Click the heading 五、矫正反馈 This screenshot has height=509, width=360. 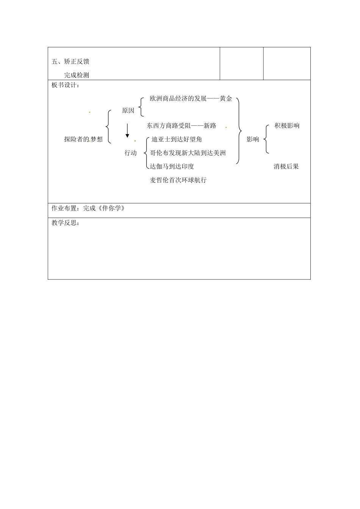click(x=70, y=61)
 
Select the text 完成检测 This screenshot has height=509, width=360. click(x=77, y=75)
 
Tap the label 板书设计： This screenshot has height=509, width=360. click(x=66, y=85)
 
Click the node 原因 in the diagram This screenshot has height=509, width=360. click(x=128, y=111)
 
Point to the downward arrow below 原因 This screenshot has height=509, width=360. click(x=127, y=131)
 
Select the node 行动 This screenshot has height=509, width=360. click(x=131, y=153)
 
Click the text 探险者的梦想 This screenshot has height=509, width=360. click(x=83, y=139)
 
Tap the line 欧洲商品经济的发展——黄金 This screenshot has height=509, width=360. click(x=191, y=99)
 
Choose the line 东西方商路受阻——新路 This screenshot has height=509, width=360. click(x=182, y=125)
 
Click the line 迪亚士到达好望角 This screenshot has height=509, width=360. click(x=177, y=139)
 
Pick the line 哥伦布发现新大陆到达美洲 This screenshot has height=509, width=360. click(x=188, y=153)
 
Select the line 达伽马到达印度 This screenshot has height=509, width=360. click(x=172, y=166)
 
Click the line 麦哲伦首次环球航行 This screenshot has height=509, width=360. click(x=178, y=180)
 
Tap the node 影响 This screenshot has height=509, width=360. click(x=253, y=139)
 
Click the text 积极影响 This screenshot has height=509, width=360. click(x=287, y=126)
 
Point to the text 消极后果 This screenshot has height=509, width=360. click(x=286, y=166)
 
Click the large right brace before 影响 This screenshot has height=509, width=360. click(x=239, y=131)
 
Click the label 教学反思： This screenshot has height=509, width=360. click(x=66, y=223)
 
